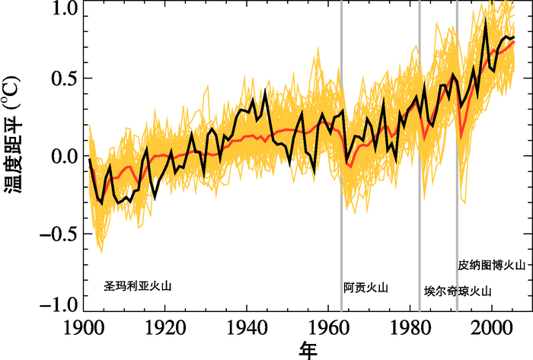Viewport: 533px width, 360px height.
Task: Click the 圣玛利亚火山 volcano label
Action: click(139, 286)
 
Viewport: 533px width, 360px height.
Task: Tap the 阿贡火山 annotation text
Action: click(365, 288)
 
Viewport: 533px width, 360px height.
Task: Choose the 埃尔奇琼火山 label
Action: click(458, 292)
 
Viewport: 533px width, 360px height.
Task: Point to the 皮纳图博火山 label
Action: click(492, 266)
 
